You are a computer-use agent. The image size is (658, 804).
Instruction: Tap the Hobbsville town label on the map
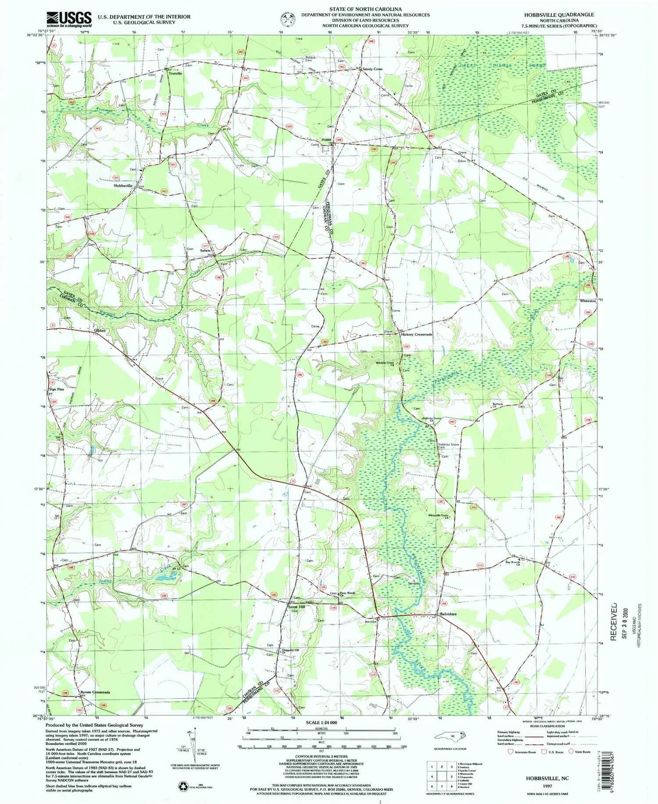[123, 186]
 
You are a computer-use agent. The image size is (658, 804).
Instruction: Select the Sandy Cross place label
[372, 69]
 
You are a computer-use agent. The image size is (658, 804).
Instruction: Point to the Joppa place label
[326, 139]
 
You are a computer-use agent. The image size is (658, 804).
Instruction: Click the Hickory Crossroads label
[417, 334]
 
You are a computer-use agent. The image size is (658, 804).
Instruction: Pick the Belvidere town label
[448, 614]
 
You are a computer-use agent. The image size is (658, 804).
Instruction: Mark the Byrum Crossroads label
[95, 692]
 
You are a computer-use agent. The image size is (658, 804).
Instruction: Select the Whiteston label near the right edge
[588, 301]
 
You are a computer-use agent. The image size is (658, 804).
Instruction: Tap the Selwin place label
[206, 250]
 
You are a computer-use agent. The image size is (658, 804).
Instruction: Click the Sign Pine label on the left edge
[57, 389]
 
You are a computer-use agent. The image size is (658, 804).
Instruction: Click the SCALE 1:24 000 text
[321, 722]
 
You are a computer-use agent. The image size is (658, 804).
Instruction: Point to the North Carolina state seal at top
[288, 19]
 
